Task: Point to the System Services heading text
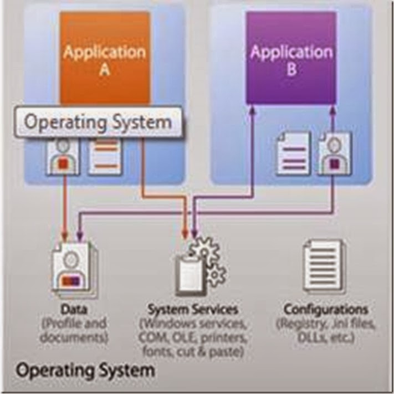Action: pyautogui.click(x=192, y=309)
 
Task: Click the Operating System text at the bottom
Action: pyautogui.click(x=84, y=370)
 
